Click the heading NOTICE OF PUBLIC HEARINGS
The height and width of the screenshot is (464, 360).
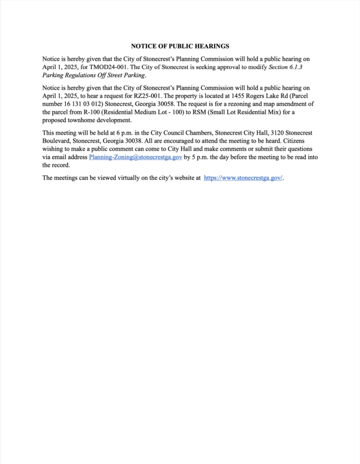[180, 46]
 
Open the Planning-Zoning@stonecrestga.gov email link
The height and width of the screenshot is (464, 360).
[135, 158]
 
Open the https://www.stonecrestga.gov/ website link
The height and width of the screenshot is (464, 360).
[243, 178]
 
